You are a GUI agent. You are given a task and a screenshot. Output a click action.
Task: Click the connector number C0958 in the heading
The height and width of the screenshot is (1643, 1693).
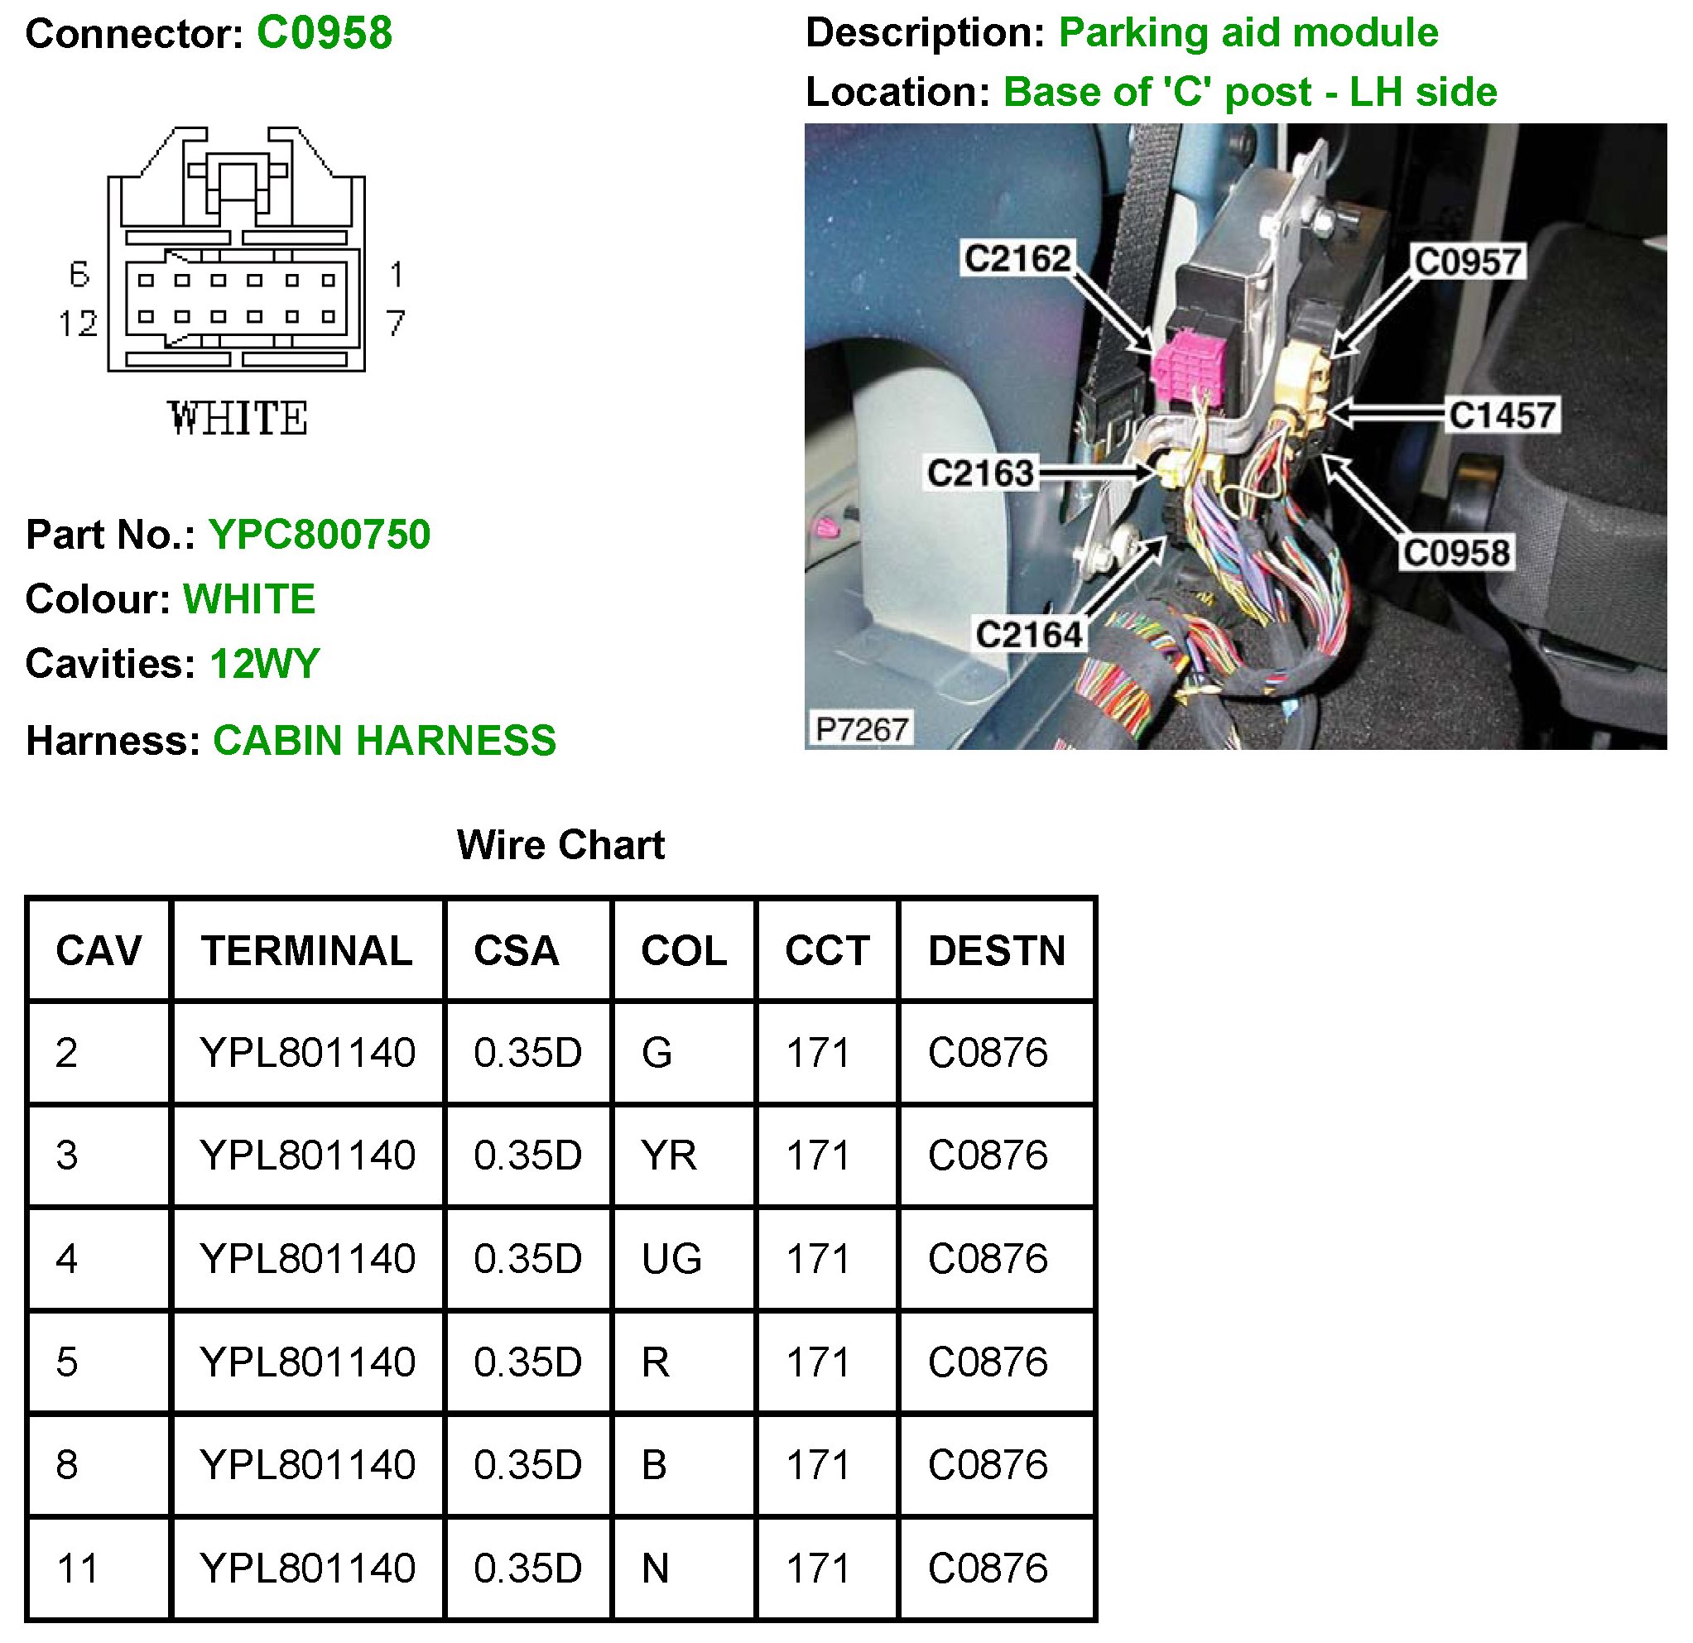[x=324, y=34]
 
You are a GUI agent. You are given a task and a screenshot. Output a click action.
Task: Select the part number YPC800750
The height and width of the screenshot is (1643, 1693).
[x=319, y=535]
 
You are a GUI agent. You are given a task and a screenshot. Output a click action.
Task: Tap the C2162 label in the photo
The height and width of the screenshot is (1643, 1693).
[x=1017, y=258]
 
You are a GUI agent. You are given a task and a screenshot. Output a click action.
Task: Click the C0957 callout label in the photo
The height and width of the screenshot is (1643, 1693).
[x=1468, y=262]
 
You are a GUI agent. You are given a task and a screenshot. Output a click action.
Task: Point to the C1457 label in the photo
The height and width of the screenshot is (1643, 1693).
[x=1502, y=416]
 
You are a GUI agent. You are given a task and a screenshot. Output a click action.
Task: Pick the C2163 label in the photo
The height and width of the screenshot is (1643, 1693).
[x=980, y=473]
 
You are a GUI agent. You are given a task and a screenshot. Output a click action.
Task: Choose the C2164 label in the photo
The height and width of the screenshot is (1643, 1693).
[x=1029, y=635]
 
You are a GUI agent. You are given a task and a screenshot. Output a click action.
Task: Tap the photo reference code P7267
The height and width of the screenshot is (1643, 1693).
[x=861, y=730]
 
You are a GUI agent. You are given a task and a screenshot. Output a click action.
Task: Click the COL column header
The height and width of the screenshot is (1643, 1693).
[x=683, y=951]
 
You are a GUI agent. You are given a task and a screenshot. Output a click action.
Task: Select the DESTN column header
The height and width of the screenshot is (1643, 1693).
[x=996, y=951]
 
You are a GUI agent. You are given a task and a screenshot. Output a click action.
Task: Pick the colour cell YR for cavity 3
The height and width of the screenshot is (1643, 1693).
[x=669, y=1155]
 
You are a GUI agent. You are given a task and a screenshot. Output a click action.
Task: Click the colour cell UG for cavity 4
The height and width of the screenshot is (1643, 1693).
[x=671, y=1259]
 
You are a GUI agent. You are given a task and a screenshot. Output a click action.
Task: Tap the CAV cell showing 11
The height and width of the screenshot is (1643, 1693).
[x=78, y=1568]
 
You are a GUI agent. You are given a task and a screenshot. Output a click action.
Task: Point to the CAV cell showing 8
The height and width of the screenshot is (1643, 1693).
[x=67, y=1465]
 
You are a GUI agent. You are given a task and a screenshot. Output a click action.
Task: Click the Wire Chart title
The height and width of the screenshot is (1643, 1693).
[x=560, y=845]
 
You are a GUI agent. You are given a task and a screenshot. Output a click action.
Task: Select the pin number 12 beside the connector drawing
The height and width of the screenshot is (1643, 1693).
[x=78, y=324]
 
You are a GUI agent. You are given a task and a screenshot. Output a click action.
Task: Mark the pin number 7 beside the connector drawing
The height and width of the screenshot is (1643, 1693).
[x=396, y=324]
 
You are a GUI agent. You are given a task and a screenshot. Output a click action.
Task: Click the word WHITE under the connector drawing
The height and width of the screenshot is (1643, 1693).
[x=238, y=419]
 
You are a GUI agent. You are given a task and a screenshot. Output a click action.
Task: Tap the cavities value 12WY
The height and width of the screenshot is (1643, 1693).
[x=264, y=665]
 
